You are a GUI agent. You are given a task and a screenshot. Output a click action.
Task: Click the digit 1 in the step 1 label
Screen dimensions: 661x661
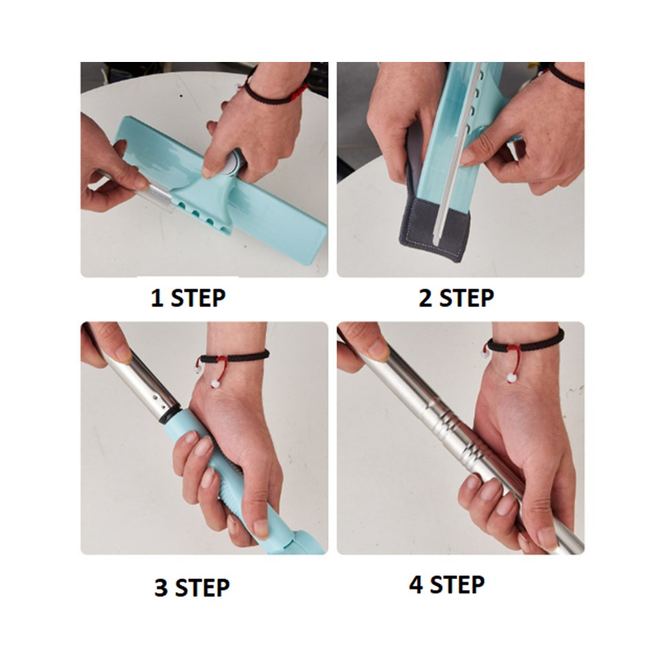(x=157, y=298)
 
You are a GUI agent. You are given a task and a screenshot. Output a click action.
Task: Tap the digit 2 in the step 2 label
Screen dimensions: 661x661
(x=426, y=297)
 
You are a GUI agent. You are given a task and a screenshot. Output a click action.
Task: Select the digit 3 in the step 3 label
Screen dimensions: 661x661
(x=160, y=587)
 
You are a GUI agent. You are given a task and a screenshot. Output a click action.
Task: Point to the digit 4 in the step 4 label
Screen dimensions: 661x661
(x=416, y=585)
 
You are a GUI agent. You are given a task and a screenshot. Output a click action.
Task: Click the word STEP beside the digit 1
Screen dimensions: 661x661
(x=198, y=298)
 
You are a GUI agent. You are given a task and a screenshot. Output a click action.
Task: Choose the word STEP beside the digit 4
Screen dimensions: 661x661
(x=457, y=585)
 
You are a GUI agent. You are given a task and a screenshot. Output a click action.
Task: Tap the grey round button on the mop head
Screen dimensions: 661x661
(x=231, y=162)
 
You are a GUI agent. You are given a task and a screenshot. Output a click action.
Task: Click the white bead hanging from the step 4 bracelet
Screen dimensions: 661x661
(x=512, y=377)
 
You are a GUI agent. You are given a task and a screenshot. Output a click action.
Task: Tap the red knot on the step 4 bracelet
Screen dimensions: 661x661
(x=512, y=349)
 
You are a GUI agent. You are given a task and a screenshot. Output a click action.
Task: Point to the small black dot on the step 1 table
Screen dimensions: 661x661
(x=181, y=96)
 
